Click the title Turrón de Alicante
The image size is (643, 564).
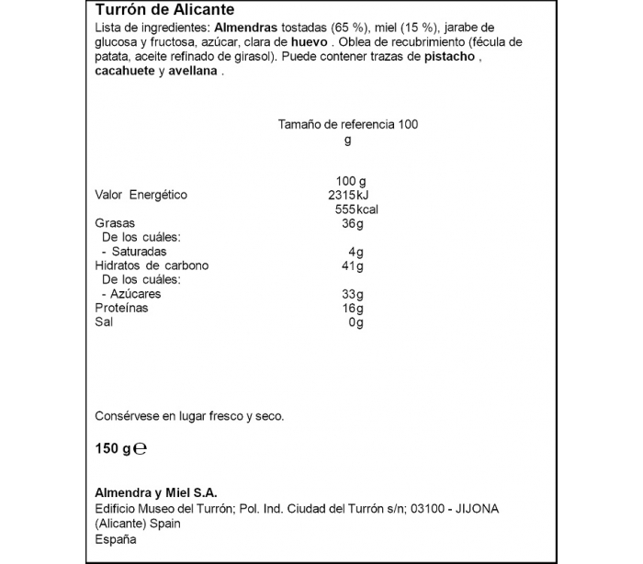(x=164, y=10)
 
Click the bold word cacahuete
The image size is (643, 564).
(x=124, y=72)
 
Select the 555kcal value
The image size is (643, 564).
(x=356, y=209)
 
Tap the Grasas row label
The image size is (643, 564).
(x=115, y=223)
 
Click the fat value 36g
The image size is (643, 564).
(x=354, y=223)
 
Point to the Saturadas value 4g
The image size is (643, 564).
(x=356, y=252)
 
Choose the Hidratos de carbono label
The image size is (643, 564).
(x=152, y=265)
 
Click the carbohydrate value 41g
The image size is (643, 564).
(x=354, y=265)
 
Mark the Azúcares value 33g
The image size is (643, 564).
(x=354, y=294)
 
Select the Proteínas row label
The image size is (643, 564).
(x=121, y=309)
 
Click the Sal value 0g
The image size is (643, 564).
(x=356, y=322)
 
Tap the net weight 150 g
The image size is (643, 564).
(x=113, y=449)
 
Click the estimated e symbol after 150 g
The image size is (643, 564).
(x=141, y=450)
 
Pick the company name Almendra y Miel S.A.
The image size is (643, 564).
(x=155, y=492)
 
